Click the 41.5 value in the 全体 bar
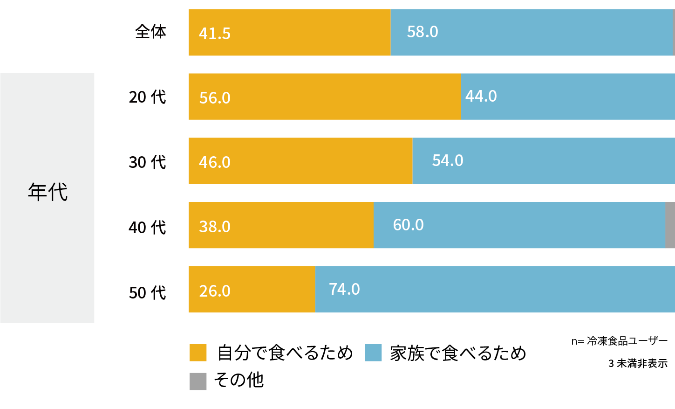pyautogui.click(x=214, y=34)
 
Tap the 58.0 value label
pyautogui.click(x=423, y=32)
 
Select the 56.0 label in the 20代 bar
pyautogui.click(x=215, y=98)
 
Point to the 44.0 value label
pyautogui.click(x=481, y=96)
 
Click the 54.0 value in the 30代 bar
pyautogui.click(x=448, y=160)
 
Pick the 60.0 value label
pyautogui.click(x=408, y=225)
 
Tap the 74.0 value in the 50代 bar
pyautogui.click(x=344, y=289)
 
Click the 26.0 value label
pyautogui.click(x=215, y=291)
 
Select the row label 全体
pyautogui.click(x=150, y=32)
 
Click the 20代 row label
pyautogui.click(x=147, y=97)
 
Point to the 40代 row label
pyautogui.click(x=147, y=228)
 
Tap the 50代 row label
pyautogui.click(x=147, y=293)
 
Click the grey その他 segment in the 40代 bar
pyautogui.click(x=670, y=225)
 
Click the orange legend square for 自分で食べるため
pyautogui.click(x=198, y=353)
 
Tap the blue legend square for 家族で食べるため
pyautogui.click(x=373, y=353)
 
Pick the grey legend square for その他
pyautogui.click(x=198, y=381)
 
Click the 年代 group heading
pyautogui.click(x=48, y=192)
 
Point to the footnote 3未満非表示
pyautogui.click(x=638, y=363)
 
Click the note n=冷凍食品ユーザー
pyautogui.click(x=620, y=341)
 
